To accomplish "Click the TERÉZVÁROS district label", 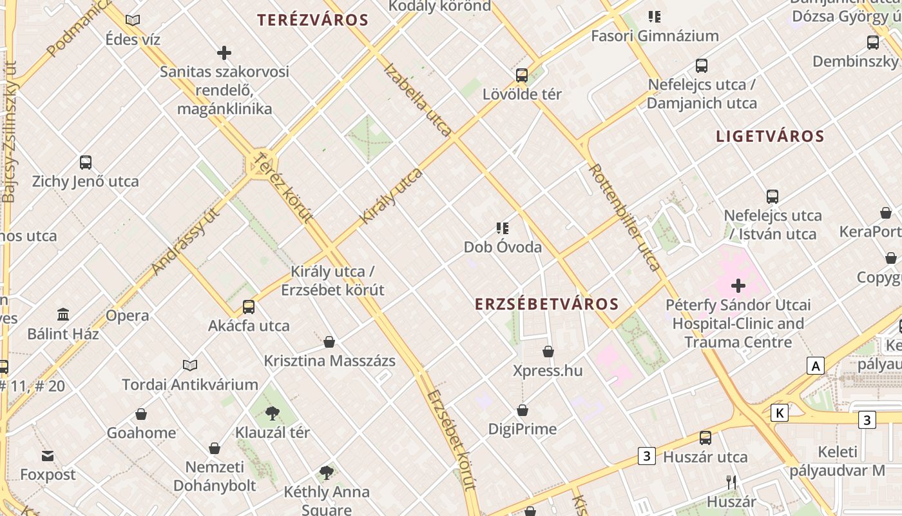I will coord(312,20).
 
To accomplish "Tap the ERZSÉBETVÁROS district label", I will coord(546,304).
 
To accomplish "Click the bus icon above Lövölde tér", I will coord(522,75).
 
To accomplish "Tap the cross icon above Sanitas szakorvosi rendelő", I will coord(224,53).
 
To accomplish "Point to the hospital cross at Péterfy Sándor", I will coord(738,285).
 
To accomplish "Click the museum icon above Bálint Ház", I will coord(63,315).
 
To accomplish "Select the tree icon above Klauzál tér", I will coord(273,413).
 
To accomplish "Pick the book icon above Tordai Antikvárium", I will coord(190,366).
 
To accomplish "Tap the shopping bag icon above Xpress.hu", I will coord(548,352).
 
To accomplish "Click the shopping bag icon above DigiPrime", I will coord(523,410).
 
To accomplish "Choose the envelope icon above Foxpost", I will coord(48,456).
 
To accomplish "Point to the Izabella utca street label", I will coord(418,100).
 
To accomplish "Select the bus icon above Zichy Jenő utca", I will coord(86,162).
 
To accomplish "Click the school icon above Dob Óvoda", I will coord(503,228).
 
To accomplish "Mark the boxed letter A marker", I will coord(816,366).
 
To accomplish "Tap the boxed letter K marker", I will coord(780,413).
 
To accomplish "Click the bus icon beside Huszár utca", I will coord(705,438).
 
